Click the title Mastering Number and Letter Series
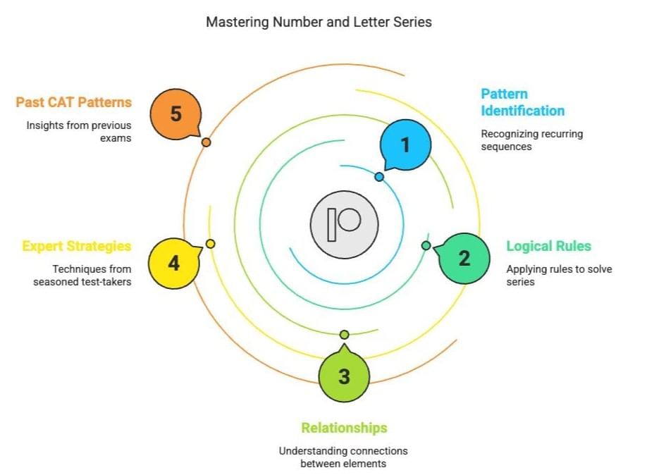319,22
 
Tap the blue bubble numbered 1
405,145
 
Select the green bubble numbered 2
464,258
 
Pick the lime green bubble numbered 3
344,376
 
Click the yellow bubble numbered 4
173,264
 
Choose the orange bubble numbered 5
176,114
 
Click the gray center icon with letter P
344,223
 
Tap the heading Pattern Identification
522,102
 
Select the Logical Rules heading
548,246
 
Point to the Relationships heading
344,428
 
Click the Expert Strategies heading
77,246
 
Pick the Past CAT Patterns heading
74,102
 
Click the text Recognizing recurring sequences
531,140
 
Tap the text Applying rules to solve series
559,275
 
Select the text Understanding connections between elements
343,457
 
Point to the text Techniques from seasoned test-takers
82,275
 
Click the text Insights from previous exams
80,132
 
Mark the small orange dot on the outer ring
206,142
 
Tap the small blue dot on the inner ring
379,177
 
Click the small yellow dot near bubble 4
210,244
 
